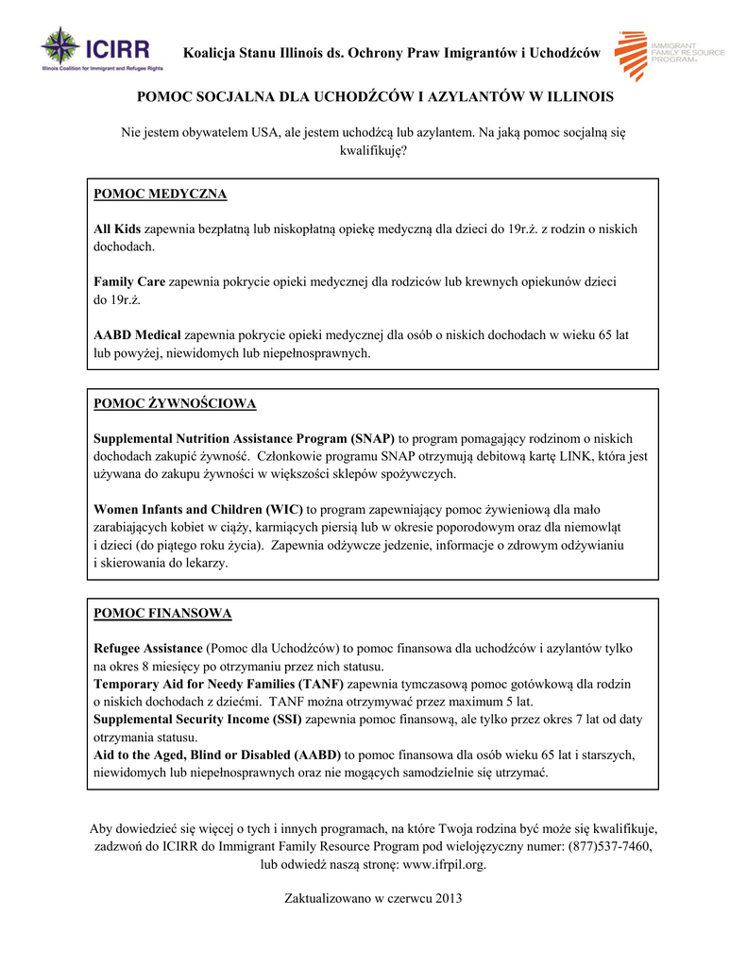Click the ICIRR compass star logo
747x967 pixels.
60,46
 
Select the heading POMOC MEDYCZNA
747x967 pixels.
160,195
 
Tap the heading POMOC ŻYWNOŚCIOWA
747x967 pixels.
175,404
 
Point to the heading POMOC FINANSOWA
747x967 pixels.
162,614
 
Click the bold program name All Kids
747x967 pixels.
116,229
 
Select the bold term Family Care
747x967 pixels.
129,282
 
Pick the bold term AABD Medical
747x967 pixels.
137,335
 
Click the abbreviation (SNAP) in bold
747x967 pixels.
373,439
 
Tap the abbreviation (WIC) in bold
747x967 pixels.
285,510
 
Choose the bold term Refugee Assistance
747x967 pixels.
147,649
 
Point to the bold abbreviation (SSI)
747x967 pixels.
284,720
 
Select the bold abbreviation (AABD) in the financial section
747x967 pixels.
317,755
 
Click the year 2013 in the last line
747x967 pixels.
446,898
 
